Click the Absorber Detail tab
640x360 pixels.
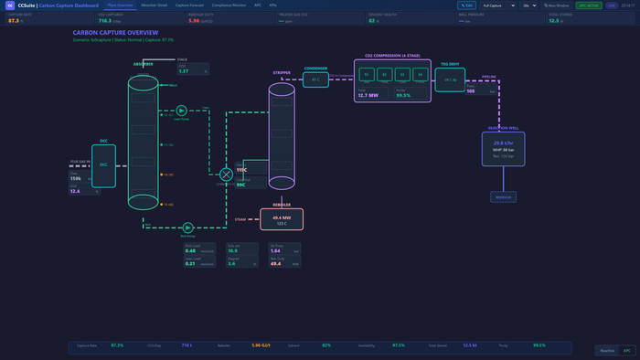point(155,5)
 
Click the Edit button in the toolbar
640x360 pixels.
point(466,5)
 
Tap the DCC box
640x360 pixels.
point(103,165)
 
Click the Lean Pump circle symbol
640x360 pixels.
point(182,110)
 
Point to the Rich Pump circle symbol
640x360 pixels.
point(187,227)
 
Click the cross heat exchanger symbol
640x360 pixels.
point(226,175)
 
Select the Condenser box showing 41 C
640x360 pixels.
point(315,79)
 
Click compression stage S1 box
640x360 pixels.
point(367,74)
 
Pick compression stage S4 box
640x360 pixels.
point(420,74)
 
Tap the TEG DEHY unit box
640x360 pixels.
point(450,79)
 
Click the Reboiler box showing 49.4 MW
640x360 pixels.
point(282,219)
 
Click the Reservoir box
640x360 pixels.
point(503,196)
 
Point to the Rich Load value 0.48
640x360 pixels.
point(190,250)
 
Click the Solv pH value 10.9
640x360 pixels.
point(232,250)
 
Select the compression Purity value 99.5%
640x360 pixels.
point(403,95)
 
